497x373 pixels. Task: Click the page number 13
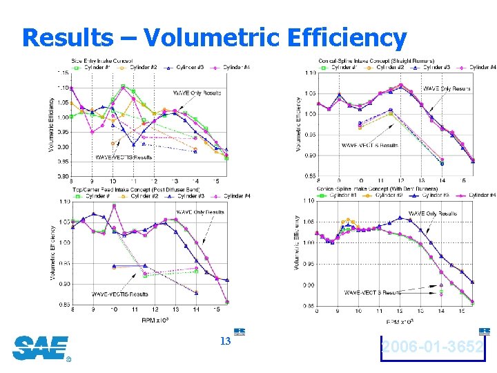[x=224, y=342]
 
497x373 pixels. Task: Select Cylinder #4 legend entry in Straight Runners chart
[x=481, y=67]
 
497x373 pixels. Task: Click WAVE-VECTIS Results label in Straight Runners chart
[x=369, y=146]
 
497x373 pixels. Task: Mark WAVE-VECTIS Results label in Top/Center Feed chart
[x=121, y=294]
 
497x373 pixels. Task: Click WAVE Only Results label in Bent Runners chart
[x=433, y=213]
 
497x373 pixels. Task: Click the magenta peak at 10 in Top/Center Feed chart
[x=114, y=206]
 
